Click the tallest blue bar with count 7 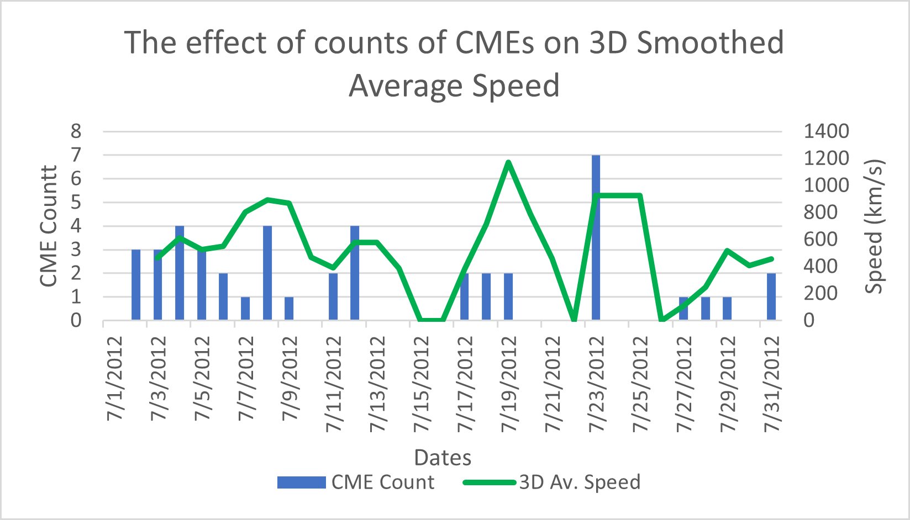(596, 237)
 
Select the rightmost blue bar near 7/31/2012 (771, 296)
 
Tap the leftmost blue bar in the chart (136, 285)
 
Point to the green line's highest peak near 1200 (508, 162)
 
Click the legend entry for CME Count (356, 482)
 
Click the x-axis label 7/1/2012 (115, 379)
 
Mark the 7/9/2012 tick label (291, 379)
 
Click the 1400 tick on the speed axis (825, 131)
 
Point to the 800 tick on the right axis (820, 212)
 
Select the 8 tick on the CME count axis (76, 131)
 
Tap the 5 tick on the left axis (76, 202)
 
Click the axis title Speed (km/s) (875, 226)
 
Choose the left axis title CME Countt (49, 226)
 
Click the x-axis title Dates (443, 457)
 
